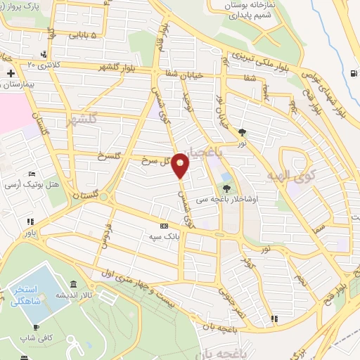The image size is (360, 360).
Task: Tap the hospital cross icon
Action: pyautogui.click(x=11, y=73)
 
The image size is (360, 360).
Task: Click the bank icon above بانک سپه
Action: pyautogui.click(x=164, y=226)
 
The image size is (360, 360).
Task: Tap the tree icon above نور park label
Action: pyautogui.click(x=243, y=131)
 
